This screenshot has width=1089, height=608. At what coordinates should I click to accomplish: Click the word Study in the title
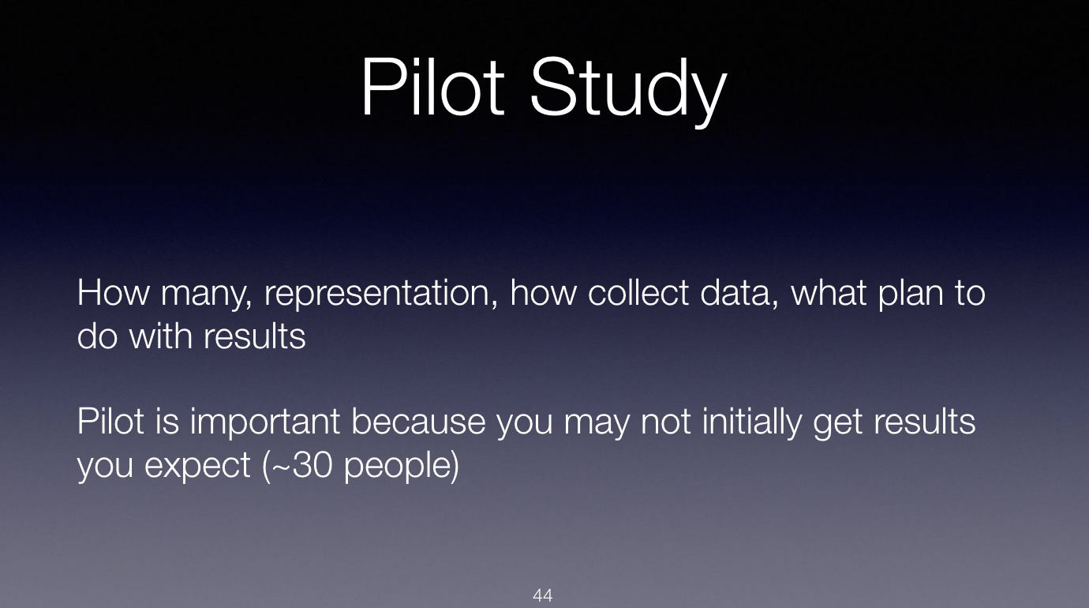(629, 92)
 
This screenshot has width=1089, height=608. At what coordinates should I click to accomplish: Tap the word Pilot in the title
(432, 87)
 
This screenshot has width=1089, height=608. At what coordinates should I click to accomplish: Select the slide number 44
(543, 595)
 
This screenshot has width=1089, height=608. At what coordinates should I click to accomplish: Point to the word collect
(638, 292)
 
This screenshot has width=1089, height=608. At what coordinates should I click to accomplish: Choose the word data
(739, 293)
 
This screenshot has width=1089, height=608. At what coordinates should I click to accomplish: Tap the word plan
(911, 295)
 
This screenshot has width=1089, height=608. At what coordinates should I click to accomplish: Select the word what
(829, 292)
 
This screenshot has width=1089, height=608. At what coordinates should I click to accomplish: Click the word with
(160, 336)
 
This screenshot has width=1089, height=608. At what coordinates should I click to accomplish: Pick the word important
(264, 422)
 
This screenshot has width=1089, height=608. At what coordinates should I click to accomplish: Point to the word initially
(751, 422)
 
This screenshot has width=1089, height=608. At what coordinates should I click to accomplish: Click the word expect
(197, 467)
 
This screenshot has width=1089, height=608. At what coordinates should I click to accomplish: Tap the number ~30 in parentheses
(301, 464)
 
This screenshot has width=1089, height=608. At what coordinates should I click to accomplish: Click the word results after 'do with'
(255, 336)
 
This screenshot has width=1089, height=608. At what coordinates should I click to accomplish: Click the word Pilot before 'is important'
(110, 421)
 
